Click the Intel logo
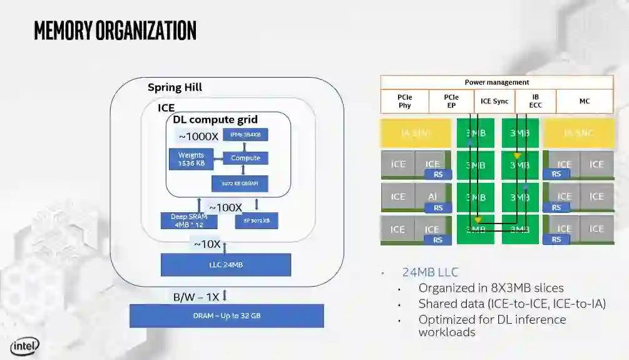24,346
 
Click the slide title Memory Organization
115,29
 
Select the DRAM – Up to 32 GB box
227,316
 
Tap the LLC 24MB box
226,265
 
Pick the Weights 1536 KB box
191,159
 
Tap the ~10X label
207,244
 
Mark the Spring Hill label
175,87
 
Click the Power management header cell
497,82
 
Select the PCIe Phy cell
404,101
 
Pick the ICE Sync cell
494,101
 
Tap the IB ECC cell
535,101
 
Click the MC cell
584,101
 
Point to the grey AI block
432,197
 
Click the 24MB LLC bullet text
430,272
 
